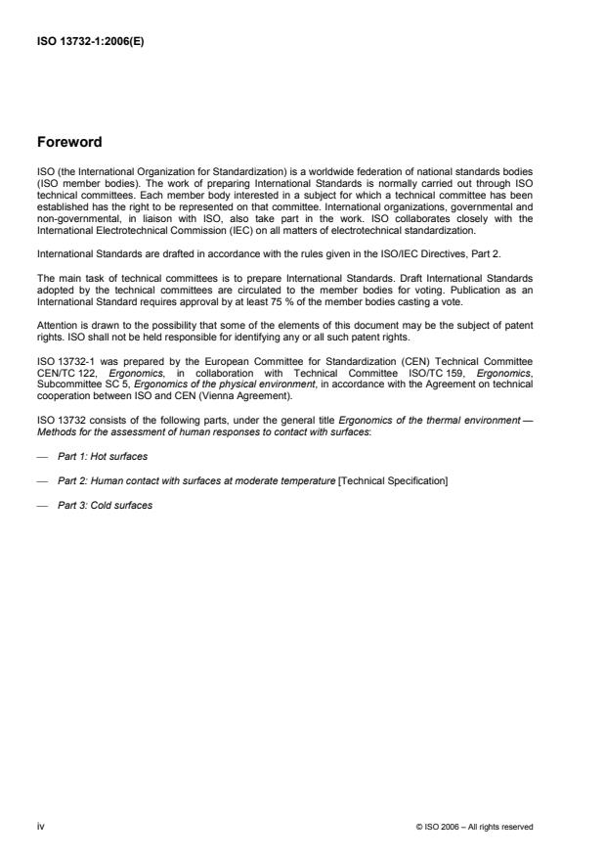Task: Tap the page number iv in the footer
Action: (40, 826)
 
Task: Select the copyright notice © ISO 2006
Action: (474, 827)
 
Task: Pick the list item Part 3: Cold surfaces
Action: (105, 506)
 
